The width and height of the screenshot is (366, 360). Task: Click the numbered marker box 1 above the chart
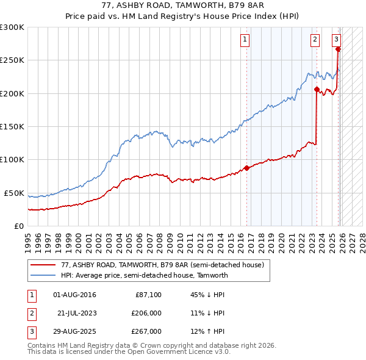(245, 40)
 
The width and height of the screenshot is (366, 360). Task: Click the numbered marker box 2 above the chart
(315, 40)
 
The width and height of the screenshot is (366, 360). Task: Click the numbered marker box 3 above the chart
(336, 40)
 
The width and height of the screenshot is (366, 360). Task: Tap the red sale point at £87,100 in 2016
(246, 168)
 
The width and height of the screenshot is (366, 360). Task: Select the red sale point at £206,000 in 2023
(317, 89)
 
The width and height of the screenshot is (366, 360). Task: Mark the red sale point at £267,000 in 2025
(338, 49)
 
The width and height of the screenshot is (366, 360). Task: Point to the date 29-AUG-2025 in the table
(74, 331)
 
